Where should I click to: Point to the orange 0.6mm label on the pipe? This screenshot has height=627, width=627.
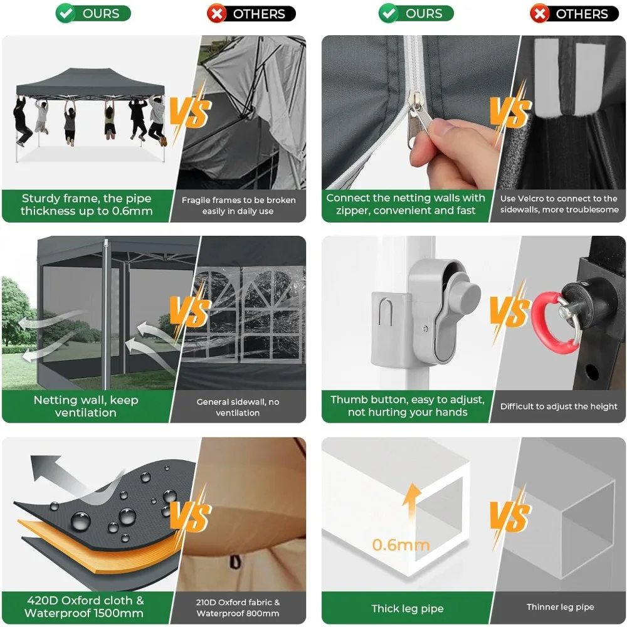click(400, 545)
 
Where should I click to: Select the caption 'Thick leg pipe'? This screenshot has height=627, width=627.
click(407, 608)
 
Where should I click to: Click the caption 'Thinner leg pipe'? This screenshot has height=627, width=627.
click(560, 607)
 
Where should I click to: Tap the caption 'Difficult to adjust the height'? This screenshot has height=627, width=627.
click(559, 406)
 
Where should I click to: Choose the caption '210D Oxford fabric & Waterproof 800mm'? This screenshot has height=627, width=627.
click(238, 608)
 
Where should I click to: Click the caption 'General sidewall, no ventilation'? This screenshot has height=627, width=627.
click(238, 407)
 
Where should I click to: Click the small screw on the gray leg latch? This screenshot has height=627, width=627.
click(424, 329)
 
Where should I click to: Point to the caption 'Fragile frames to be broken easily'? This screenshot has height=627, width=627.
click(238, 206)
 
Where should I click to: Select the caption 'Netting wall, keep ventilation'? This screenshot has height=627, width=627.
click(85, 406)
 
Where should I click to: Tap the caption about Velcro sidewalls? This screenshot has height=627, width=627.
click(559, 204)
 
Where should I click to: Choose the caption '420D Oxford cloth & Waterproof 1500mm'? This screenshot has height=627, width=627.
click(84, 606)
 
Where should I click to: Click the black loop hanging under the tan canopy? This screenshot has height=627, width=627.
click(236, 562)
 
